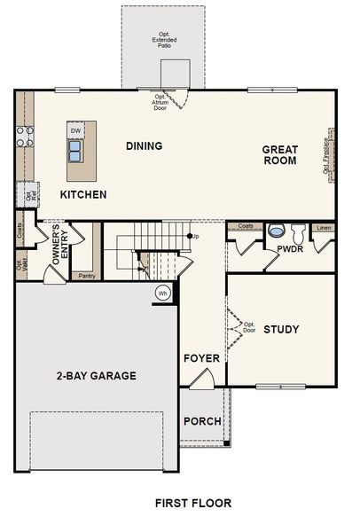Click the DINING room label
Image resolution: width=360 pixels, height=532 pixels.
pos(144,146)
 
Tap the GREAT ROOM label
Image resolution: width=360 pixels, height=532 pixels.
pos(279,155)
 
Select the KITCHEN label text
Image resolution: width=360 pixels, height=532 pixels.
pos(83,194)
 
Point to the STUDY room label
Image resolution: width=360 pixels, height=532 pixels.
pos(281,330)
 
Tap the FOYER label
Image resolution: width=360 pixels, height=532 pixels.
pos(201,359)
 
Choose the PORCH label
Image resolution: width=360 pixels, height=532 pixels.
pos(202,421)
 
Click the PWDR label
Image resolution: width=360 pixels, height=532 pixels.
pos(290,250)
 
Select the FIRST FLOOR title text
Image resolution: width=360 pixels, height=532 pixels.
pos(192,503)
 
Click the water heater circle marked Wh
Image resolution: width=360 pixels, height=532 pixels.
pos(162,293)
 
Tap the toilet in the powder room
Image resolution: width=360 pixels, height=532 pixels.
pos(297,231)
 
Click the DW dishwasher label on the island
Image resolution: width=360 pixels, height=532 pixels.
pos(75,131)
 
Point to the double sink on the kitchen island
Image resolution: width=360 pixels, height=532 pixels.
pos(75,151)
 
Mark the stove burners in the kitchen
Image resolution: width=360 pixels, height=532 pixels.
pos(25,136)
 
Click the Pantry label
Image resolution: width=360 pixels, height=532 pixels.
pos(86,276)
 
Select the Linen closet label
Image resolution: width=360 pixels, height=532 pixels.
pos(324,227)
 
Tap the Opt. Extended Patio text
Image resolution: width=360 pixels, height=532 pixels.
pos(164,40)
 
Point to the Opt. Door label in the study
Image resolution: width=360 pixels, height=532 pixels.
pos(249,327)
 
